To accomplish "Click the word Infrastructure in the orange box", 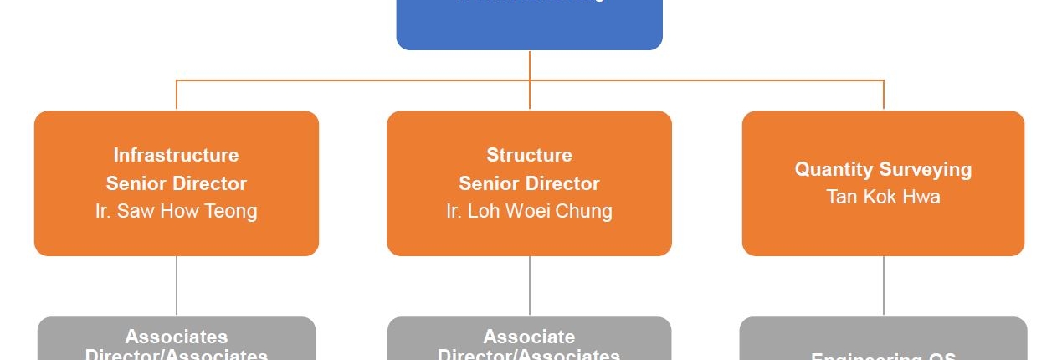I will (176, 155).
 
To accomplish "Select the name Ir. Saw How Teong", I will (176, 211).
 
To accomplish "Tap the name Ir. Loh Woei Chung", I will (529, 211).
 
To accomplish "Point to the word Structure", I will (529, 155).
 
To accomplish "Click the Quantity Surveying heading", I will (883, 169).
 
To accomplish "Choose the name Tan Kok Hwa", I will (883, 197).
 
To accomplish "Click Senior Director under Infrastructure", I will (176, 183).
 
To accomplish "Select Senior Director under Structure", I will (529, 183).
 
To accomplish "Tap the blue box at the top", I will (529, 25).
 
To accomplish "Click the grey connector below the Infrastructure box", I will (177, 285).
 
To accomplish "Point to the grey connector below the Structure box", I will (530, 285).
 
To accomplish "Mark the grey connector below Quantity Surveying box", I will (884, 285).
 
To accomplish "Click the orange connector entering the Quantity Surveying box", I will (884, 95).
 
